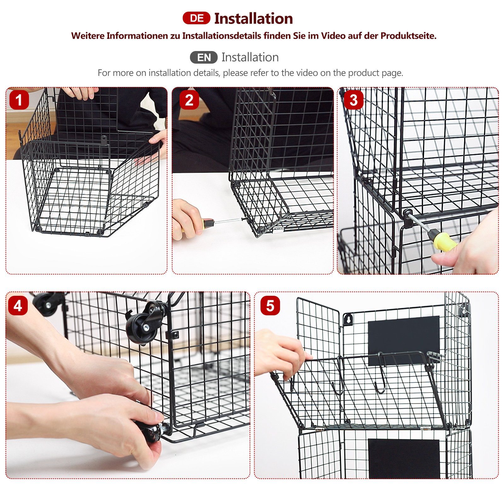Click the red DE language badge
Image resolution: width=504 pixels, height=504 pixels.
pos(196,18)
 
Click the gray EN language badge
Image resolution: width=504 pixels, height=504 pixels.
pos(203,57)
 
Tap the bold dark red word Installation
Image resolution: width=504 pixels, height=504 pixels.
pos(254,19)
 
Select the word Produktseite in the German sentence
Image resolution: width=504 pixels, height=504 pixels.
pos(409,36)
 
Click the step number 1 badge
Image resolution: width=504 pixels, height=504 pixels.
pos(19,100)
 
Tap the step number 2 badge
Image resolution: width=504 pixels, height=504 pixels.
pos(189,100)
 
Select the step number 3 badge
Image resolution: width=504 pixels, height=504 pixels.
pos(353,100)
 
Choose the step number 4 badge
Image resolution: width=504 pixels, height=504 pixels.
pos(18,306)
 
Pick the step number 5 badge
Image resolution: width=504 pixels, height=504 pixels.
pos(270,306)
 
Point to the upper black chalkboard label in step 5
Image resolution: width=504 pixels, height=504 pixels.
pos(404,340)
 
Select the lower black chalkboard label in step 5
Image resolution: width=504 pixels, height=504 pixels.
pos(404,458)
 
